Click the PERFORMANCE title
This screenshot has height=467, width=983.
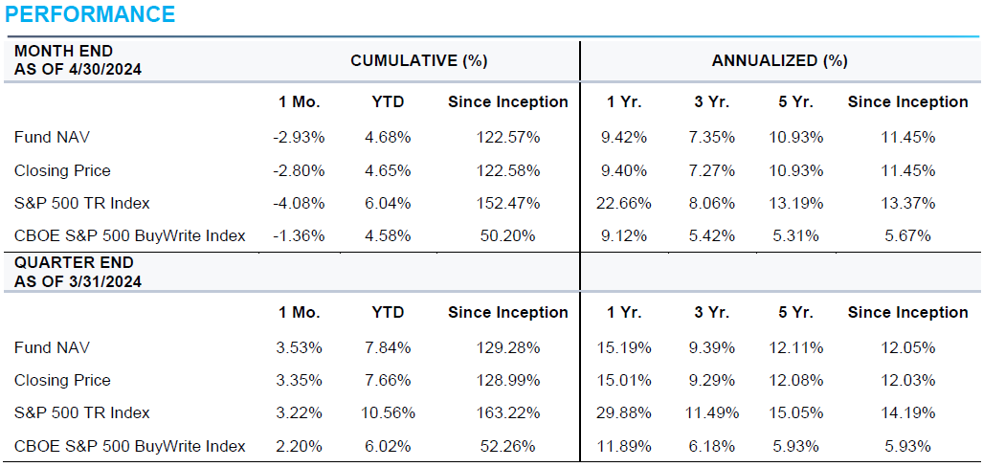coord(90,14)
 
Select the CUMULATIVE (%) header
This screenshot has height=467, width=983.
coord(418,61)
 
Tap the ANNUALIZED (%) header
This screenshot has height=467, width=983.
coord(779,61)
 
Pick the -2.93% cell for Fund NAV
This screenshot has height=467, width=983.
coord(298,138)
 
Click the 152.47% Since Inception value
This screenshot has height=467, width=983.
coord(507,203)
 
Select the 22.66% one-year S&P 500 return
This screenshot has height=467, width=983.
coord(625,203)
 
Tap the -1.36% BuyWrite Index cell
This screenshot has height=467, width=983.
coord(298,235)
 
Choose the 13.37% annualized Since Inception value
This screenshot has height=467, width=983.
coord(907,203)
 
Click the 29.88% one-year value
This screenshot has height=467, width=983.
coord(625,413)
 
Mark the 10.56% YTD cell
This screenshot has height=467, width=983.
coord(387,413)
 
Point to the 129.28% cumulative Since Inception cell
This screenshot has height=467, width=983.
coord(507,347)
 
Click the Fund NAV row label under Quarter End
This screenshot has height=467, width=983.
coord(52,347)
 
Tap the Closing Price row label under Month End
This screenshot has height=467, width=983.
coord(62,170)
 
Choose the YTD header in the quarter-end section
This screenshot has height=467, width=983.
coord(387,312)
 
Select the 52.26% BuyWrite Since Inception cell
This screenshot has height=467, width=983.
coord(507,446)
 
